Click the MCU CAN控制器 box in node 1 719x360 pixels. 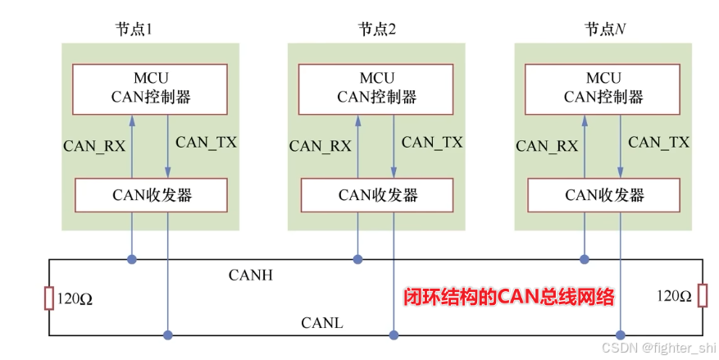coord(150,89)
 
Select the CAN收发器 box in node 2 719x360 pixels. coord(377,195)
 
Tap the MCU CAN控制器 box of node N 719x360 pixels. coord(603,89)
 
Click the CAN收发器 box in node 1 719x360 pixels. coord(150,195)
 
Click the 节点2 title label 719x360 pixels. coord(377,30)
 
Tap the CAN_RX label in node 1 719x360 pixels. coord(94,147)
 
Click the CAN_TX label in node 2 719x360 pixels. coord(432,143)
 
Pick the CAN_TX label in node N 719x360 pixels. coord(658,143)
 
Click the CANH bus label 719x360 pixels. coord(250,276)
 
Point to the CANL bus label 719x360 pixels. coord(322,324)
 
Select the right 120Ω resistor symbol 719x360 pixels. coord(703,295)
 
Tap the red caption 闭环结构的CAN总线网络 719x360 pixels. coord(509,297)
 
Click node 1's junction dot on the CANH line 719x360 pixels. coord(131,260)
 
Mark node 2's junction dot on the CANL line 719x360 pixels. coord(394,335)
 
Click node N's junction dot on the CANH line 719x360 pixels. coord(585,260)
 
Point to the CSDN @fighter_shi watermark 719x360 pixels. coord(658,348)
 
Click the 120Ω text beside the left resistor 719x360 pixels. coord(75,298)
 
